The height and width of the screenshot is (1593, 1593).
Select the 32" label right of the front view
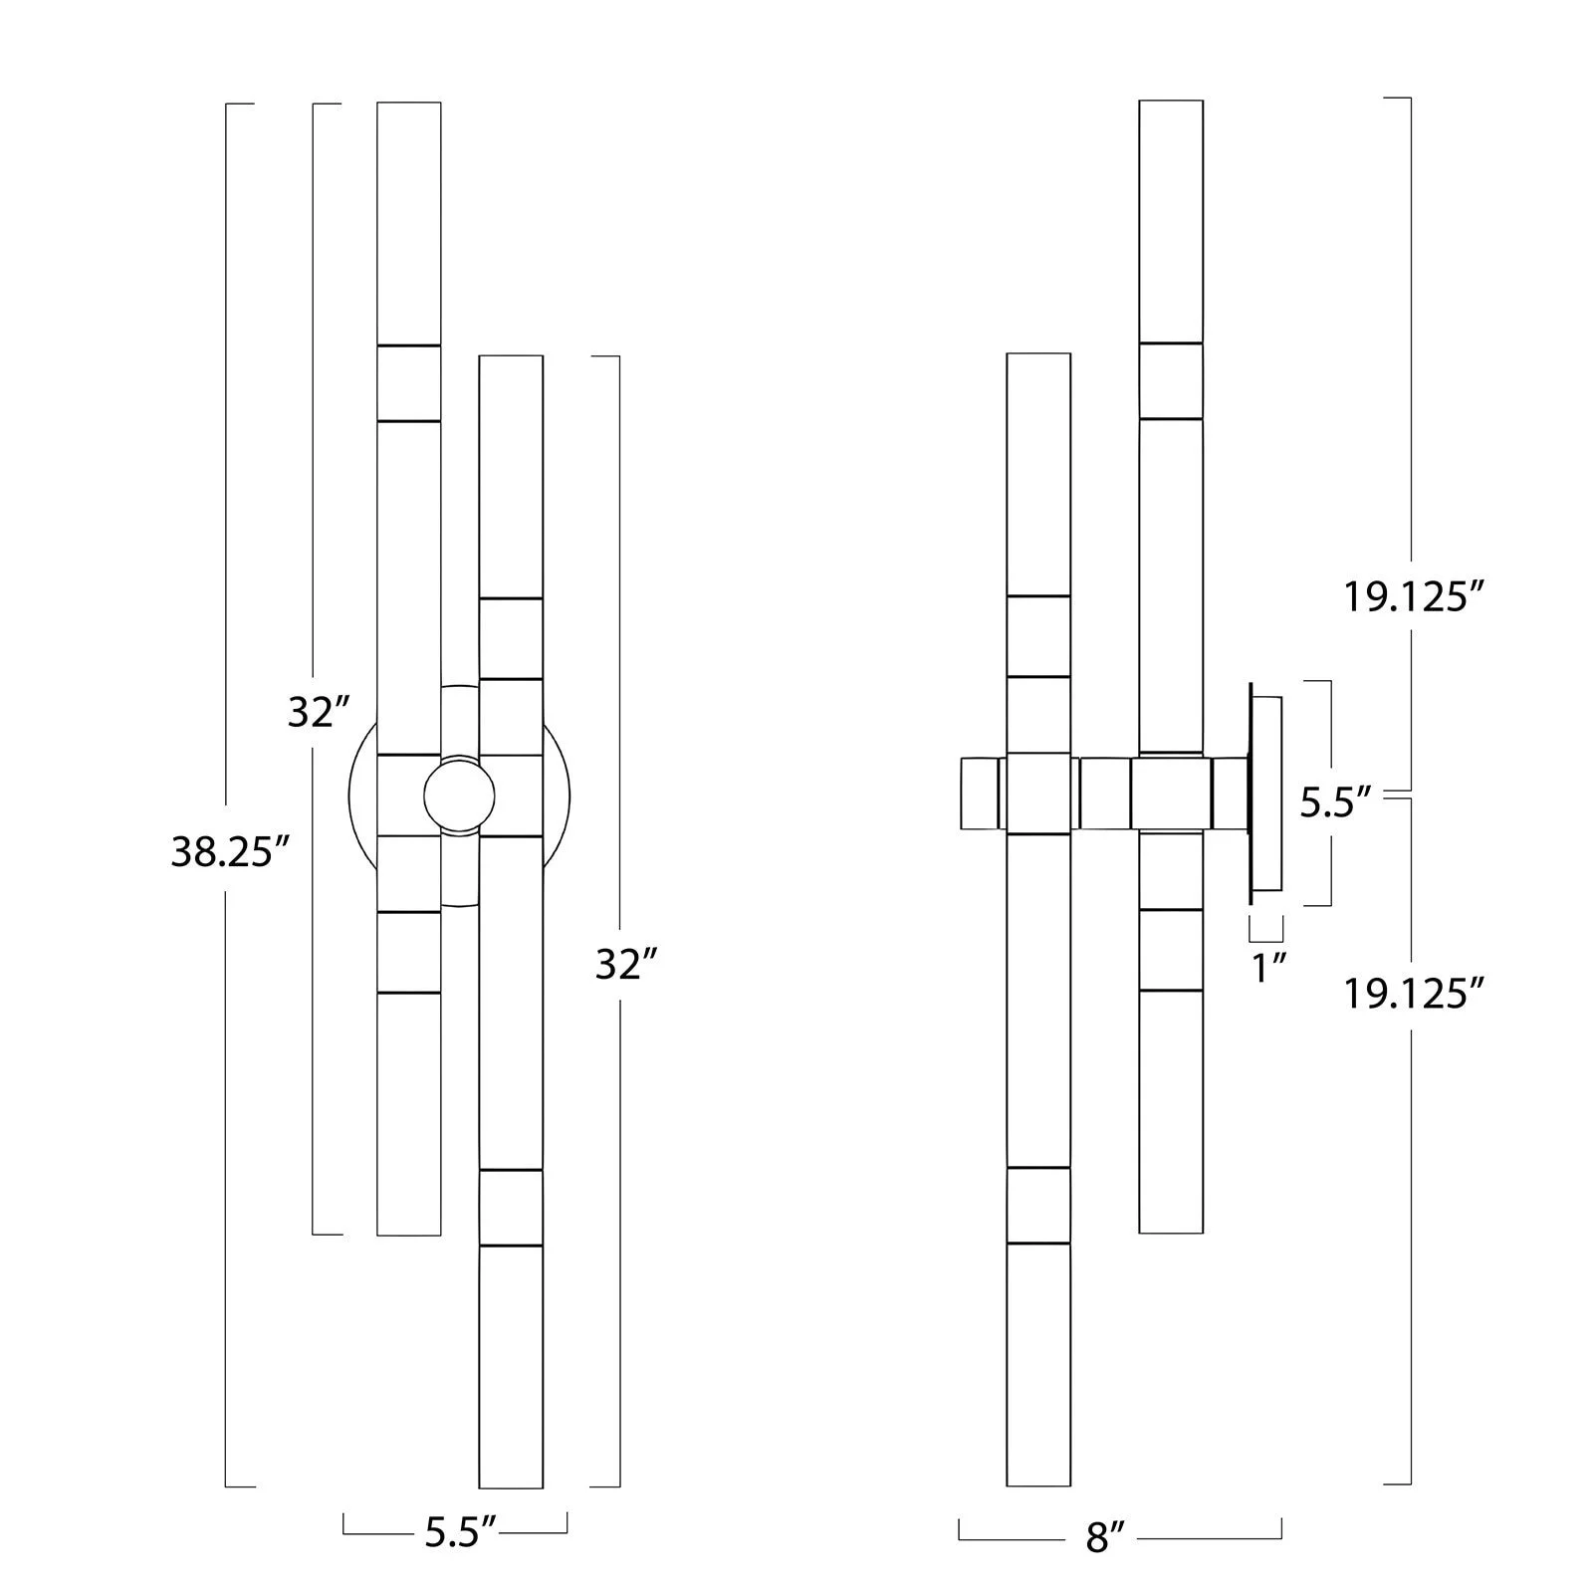tap(626, 964)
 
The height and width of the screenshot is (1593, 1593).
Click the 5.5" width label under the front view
tap(460, 1533)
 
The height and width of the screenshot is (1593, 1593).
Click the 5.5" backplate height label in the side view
tap(1336, 802)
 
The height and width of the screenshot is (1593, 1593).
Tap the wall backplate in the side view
tap(1265, 794)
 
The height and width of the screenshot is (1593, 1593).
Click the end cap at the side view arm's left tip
tap(980, 794)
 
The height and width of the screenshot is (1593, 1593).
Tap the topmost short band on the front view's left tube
tap(409, 383)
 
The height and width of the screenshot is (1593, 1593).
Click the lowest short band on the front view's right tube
tap(511, 1208)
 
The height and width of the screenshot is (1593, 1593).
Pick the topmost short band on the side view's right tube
tap(1171, 381)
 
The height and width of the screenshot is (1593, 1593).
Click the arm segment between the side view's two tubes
tap(1103, 794)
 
